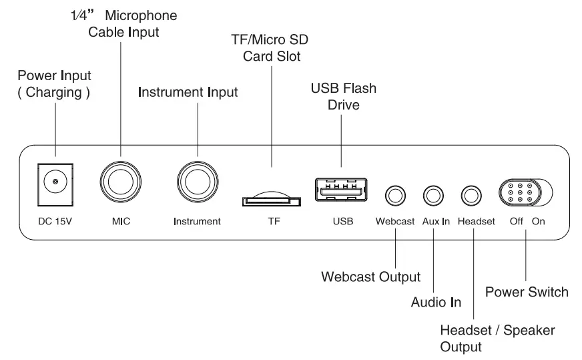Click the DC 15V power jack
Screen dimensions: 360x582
click(54, 181)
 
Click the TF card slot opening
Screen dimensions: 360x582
click(271, 199)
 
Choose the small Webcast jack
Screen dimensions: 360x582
click(396, 196)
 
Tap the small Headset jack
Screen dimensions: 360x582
click(473, 196)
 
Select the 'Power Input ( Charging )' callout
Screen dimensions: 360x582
click(54, 84)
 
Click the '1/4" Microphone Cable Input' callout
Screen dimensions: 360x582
click(124, 23)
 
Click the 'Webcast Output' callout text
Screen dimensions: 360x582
click(371, 276)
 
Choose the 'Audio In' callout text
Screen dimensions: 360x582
click(436, 303)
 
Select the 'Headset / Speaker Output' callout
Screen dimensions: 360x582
click(497, 339)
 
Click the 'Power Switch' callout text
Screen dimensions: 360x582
click(527, 292)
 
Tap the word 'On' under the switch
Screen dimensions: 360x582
click(539, 221)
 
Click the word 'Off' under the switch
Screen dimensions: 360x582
click(517, 221)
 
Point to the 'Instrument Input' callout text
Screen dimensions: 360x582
click(188, 92)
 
